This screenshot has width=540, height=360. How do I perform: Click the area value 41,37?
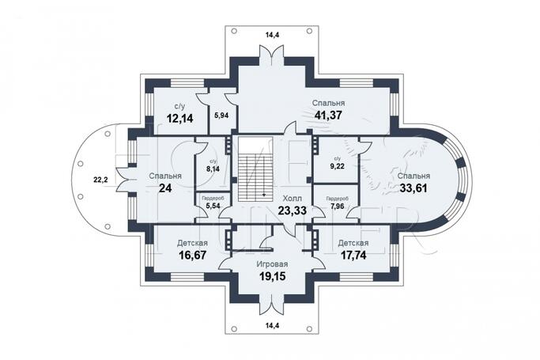[x=327, y=116]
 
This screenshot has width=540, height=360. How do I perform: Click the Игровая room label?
[x=270, y=263]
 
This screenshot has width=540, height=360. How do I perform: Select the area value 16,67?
[x=192, y=256]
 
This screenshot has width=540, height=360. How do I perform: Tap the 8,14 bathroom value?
[x=212, y=168]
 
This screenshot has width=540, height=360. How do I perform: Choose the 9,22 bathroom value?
[x=337, y=168]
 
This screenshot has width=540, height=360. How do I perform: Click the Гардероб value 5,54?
[x=212, y=206]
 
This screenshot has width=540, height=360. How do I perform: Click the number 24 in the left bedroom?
[x=165, y=188]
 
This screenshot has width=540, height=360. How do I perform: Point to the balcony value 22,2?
[x=101, y=179]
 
